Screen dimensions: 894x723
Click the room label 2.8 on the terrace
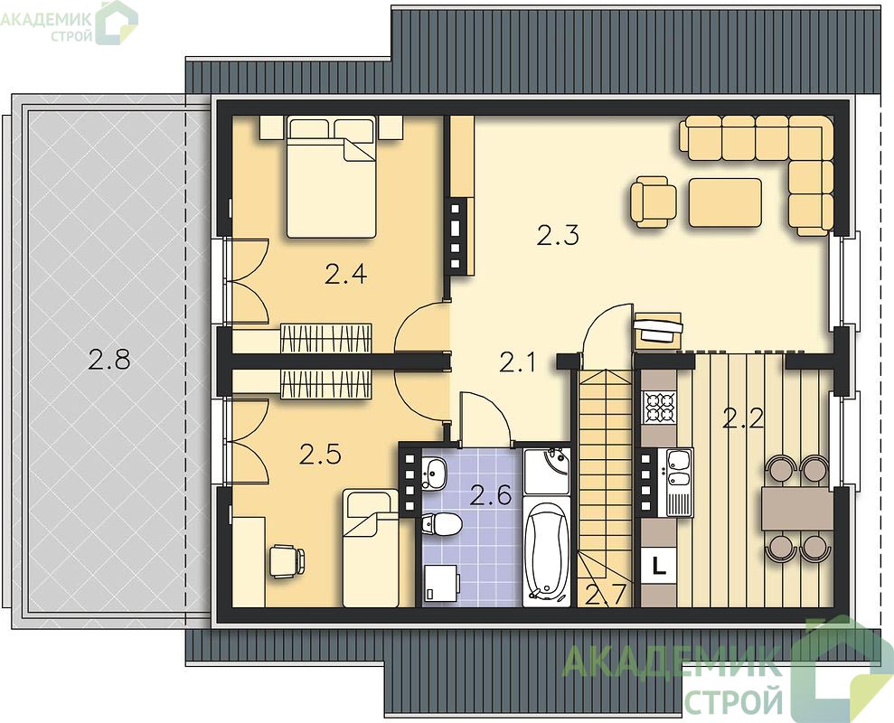pos(109,360)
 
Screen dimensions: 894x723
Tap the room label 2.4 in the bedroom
pos(345,275)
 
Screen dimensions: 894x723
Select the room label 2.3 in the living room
pos(558,235)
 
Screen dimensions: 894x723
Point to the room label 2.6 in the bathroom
pos(490,495)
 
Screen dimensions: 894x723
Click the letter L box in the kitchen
pos(659,566)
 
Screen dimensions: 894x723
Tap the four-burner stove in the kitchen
pos(659,407)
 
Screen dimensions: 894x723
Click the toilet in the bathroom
pos(442,524)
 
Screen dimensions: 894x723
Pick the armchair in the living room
pos(654,202)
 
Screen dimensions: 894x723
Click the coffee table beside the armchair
pos(725,202)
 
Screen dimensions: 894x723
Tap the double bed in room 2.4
pos(331,177)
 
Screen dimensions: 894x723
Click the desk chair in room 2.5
pos(287,561)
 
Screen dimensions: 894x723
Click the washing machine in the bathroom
pos(442,583)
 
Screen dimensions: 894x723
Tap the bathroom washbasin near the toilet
pos(435,474)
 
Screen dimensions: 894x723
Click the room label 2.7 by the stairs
pos(607,595)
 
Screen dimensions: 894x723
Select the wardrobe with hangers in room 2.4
pos(326,338)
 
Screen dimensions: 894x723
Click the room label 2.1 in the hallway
pos(517,362)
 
